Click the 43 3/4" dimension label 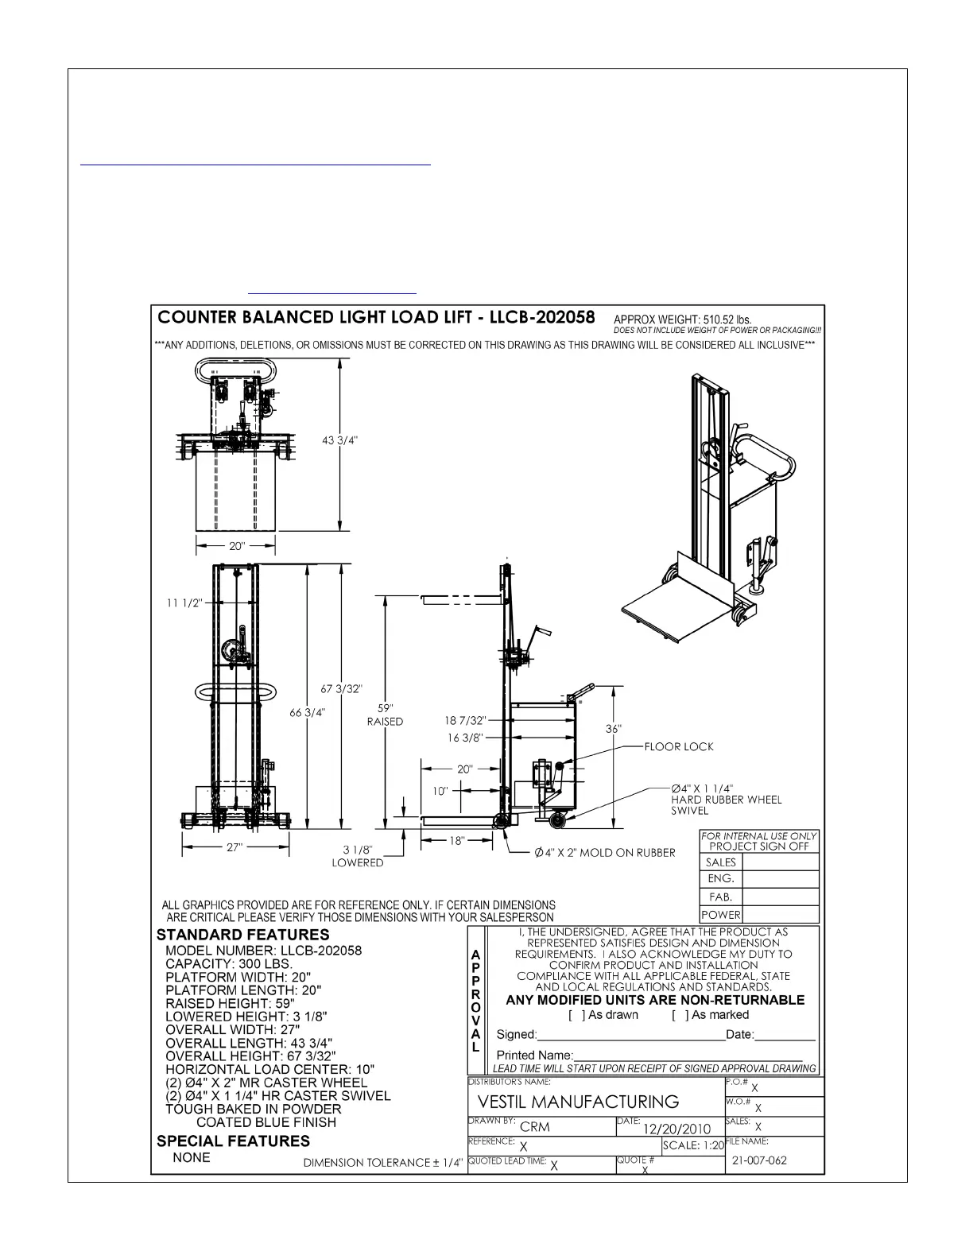click(x=339, y=440)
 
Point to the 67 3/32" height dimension click(x=341, y=689)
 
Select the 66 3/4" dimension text click(x=307, y=712)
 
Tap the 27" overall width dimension click(x=235, y=847)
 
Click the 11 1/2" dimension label click(x=184, y=603)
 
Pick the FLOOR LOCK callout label click(x=679, y=747)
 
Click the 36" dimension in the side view click(x=613, y=729)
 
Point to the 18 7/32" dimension click(x=465, y=721)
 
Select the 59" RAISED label click(x=385, y=715)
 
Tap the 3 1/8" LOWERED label click(x=358, y=856)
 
